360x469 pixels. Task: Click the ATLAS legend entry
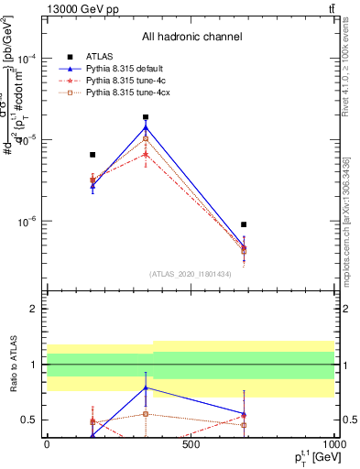pos(99,57)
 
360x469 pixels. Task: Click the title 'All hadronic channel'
pos(191,37)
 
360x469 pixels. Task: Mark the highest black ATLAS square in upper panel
pos(146,117)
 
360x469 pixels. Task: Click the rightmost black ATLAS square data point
pos(244,224)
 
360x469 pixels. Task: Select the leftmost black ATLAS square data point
pos(93,155)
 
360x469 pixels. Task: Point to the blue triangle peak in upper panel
pos(146,127)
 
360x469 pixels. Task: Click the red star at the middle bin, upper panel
pos(146,155)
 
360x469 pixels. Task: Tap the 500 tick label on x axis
pos(191,444)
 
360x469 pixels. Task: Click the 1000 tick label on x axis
pos(333,444)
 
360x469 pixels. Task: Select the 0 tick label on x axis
pos(47,444)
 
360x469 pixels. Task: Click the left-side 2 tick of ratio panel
pos(36,309)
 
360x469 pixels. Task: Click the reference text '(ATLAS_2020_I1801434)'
pos(191,273)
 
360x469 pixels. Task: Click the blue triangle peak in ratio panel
pos(146,387)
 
